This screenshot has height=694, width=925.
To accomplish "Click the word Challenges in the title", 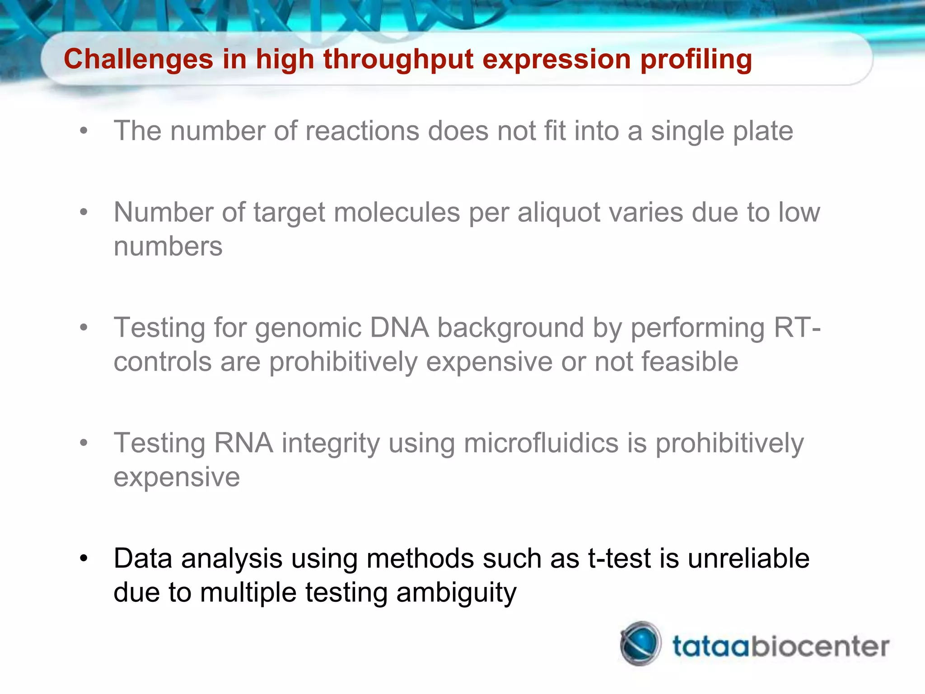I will (x=138, y=59).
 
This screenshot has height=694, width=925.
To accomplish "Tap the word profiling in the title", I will (x=696, y=59).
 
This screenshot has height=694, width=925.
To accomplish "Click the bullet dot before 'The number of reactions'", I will (x=84, y=131).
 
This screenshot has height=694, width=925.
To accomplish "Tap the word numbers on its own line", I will (x=168, y=247).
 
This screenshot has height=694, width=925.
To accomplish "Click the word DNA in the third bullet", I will (x=399, y=328).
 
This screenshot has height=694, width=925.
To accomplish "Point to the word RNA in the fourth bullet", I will (x=243, y=443).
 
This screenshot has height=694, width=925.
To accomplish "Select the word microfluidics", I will (x=541, y=443).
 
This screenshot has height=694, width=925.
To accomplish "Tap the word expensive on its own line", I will (x=177, y=477).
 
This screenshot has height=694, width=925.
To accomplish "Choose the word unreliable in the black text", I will (x=748, y=558).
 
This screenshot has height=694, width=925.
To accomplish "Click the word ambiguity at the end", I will (x=456, y=593).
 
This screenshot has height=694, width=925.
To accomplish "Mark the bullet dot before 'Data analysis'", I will (x=84, y=559).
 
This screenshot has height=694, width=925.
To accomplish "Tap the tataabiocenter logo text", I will (x=780, y=646).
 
